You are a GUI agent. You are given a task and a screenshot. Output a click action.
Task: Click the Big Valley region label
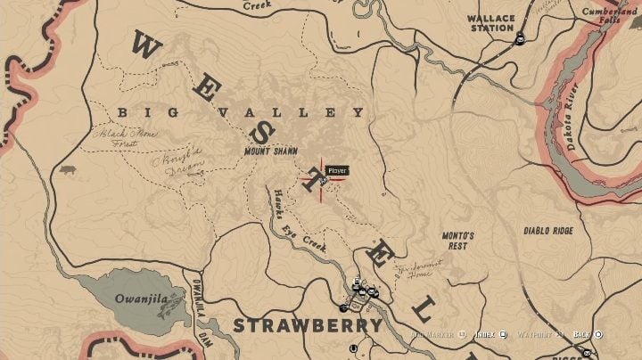[241, 113]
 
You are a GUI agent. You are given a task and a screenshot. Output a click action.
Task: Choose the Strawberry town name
[308, 325]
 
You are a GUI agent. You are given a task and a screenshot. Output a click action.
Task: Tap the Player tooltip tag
[336, 170]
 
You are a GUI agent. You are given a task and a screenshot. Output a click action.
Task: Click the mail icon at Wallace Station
[520, 38]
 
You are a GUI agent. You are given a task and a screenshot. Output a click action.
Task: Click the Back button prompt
[588, 334]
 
